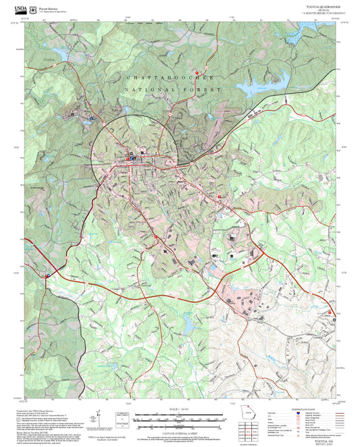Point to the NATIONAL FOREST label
(x=174, y=89)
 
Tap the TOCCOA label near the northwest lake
(x=47, y=61)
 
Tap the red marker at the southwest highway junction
(x=47, y=276)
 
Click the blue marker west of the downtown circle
(x=91, y=117)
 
